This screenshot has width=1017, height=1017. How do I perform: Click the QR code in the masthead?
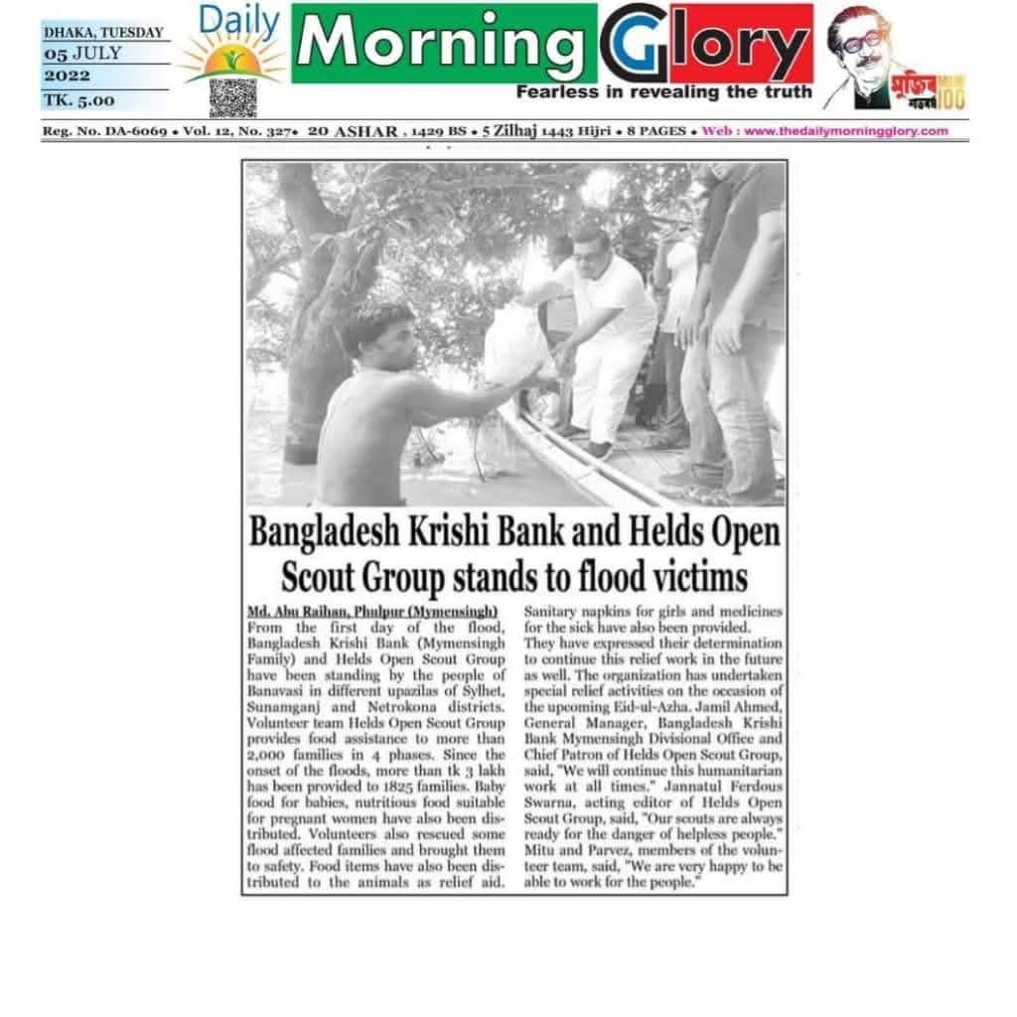pos(232,96)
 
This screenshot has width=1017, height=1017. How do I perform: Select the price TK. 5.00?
pos(78,99)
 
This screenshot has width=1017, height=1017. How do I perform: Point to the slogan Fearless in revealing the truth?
pos(663,92)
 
